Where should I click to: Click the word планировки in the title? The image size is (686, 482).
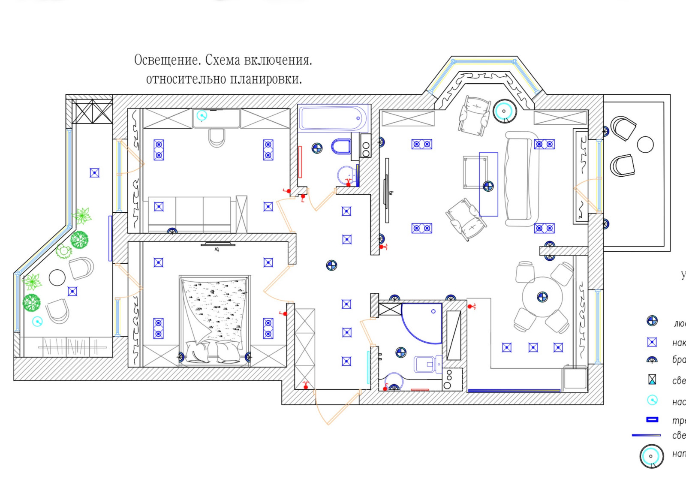(x=266, y=79)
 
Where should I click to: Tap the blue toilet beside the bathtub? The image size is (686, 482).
(x=341, y=147)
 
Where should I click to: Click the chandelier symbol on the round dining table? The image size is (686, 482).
(x=542, y=297)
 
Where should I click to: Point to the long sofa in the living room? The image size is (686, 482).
(x=521, y=179)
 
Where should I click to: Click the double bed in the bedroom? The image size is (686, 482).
(x=214, y=319)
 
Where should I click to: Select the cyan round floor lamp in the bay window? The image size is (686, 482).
(x=504, y=111)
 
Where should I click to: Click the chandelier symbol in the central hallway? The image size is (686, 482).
(x=331, y=265)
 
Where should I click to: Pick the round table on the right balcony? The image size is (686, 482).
(x=645, y=145)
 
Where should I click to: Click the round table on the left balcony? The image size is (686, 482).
(x=57, y=278)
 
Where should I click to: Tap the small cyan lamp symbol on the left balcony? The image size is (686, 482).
(x=37, y=321)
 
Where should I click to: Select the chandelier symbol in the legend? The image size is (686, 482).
(x=652, y=321)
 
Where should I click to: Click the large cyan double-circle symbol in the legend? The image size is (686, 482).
(x=651, y=456)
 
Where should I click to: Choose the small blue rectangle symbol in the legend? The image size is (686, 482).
(x=652, y=419)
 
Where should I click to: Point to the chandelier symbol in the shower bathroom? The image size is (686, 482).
(x=400, y=352)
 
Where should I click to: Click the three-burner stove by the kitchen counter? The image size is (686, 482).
(x=448, y=379)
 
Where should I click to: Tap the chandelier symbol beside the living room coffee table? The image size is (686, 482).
(x=488, y=186)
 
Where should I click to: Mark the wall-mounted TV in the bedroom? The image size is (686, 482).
(x=218, y=244)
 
